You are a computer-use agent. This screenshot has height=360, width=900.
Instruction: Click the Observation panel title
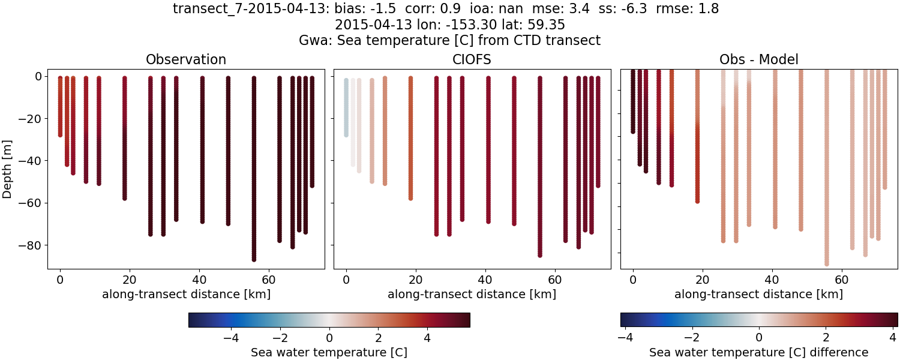186,59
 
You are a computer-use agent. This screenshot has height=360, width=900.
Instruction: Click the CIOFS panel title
472,59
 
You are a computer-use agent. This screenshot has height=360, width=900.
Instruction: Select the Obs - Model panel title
759,59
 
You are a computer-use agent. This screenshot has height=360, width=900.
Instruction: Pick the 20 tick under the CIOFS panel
410,280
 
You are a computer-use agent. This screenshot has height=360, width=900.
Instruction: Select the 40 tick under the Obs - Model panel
775,280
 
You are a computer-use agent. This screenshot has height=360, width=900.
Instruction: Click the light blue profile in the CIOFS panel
346,108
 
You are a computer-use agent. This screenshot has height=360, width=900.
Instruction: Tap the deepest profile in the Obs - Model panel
826,180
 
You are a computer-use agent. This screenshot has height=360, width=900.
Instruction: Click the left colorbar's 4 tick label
427,337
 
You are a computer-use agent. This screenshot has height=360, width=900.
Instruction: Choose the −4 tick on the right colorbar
625,337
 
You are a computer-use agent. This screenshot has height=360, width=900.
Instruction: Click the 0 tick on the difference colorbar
759,337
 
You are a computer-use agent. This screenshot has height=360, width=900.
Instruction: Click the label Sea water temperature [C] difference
759,352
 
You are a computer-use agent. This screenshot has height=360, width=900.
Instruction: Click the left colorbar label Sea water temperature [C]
329,352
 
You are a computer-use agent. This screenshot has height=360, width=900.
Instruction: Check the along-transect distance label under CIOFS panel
472,294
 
